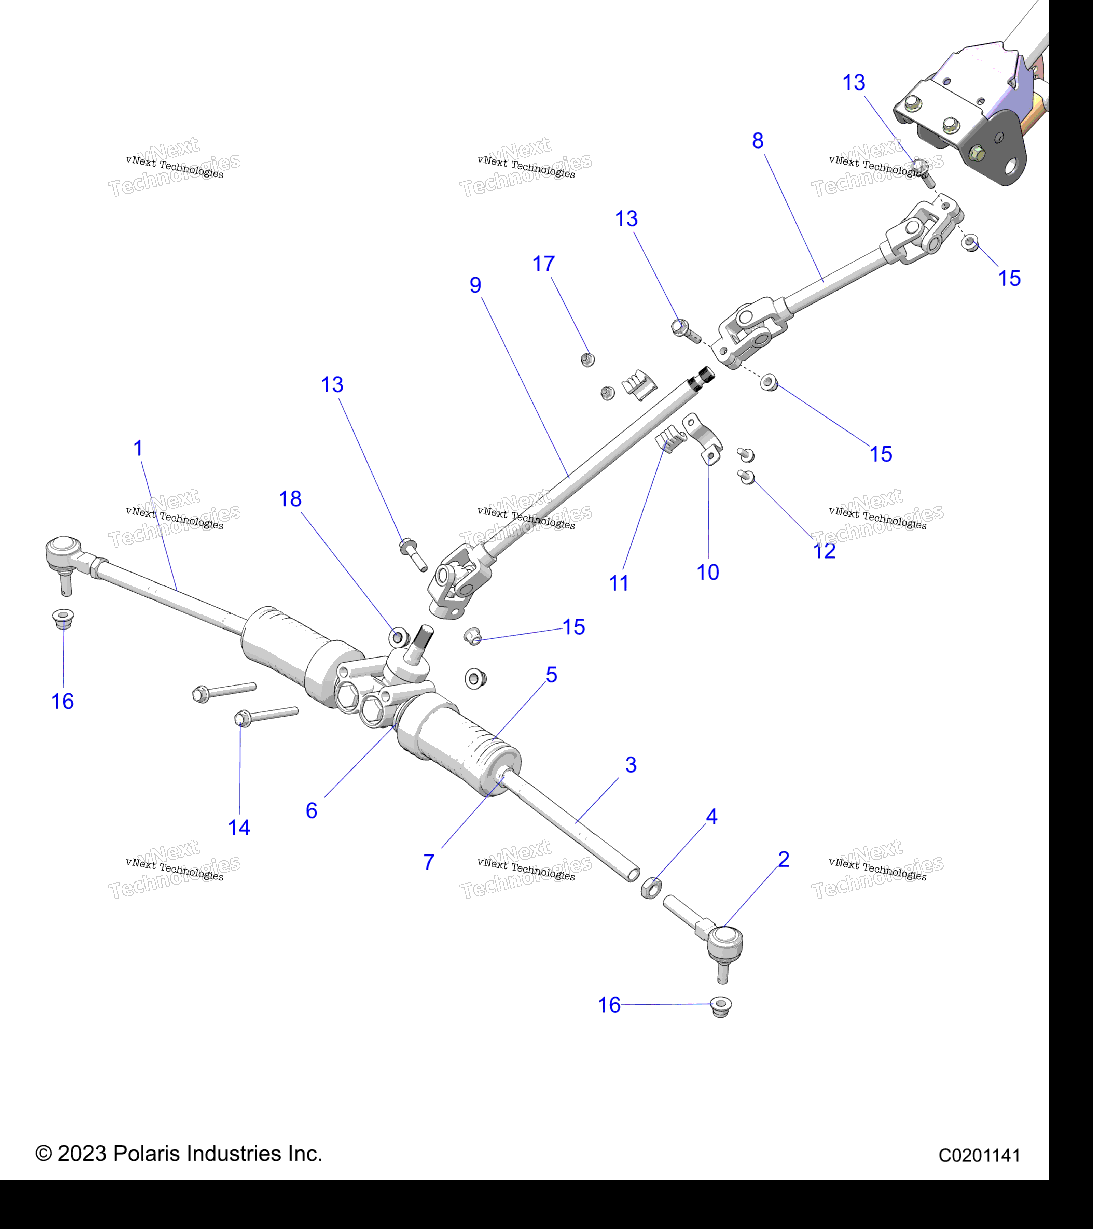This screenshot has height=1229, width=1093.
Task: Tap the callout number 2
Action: coord(783,859)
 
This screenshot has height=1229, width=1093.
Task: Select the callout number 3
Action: coord(631,765)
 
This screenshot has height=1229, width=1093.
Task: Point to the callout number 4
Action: coord(711,817)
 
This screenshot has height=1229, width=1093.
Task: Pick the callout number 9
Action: coord(475,285)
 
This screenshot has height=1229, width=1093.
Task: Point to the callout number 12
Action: coord(824,551)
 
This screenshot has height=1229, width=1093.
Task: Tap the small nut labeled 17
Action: coord(588,359)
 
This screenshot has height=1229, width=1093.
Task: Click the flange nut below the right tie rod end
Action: coord(720,1006)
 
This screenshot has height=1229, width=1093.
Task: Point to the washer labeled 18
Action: coord(398,636)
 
